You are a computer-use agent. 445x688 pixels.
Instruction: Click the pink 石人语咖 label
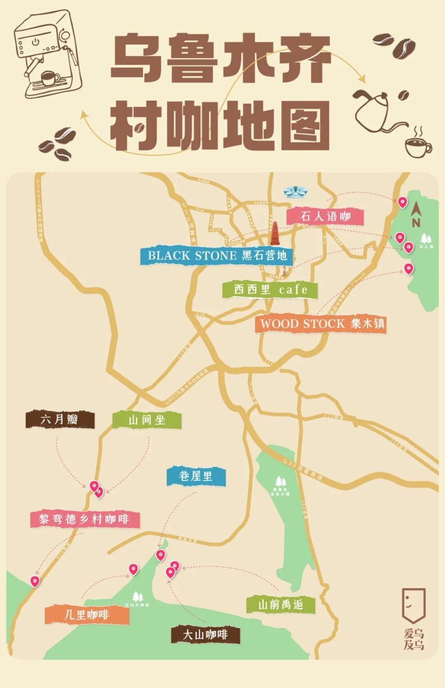(325, 216)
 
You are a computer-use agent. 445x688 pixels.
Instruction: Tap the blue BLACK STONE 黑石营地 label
(217, 255)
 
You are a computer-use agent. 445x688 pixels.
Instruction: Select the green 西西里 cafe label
(270, 290)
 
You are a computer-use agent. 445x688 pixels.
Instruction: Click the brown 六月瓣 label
(60, 420)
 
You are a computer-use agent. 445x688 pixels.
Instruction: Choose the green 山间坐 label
(146, 420)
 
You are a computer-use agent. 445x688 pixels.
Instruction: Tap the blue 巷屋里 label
(196, 476)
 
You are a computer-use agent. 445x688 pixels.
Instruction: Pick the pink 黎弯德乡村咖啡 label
(84, 519)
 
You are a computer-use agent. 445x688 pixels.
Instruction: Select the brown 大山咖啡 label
(205, 634)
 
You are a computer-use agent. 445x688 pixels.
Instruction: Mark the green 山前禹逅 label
(280, 605)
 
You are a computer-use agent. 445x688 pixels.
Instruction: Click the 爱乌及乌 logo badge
(413, 618)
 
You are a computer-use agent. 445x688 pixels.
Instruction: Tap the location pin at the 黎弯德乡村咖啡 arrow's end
(35, 581)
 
